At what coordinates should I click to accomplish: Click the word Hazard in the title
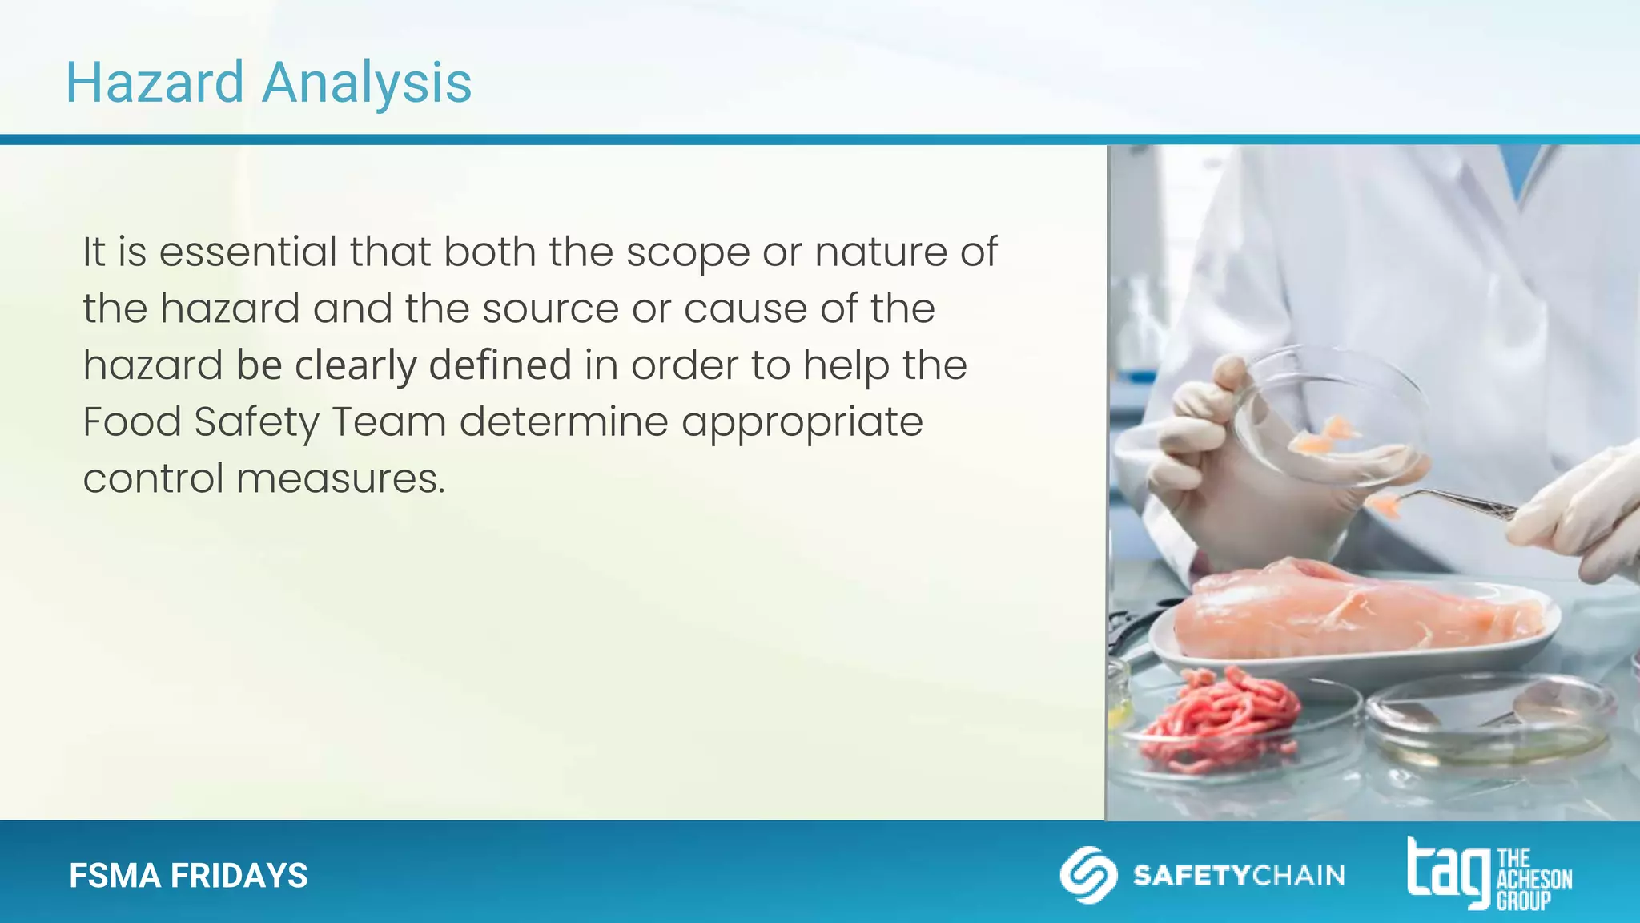(155, 83)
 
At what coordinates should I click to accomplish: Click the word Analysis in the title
(367, 83)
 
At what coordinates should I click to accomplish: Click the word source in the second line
(550, 310)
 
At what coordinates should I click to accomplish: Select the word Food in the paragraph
(132, 422)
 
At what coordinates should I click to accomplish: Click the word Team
(388, 422)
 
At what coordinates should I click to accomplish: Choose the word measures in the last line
(340, 479)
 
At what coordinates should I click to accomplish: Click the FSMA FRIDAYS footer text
(188, 876)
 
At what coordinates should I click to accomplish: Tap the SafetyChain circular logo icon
(1087, 874)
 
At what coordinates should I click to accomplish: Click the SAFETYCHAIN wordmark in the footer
(1238, 875)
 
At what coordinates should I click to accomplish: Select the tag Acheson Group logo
(1489, 874)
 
